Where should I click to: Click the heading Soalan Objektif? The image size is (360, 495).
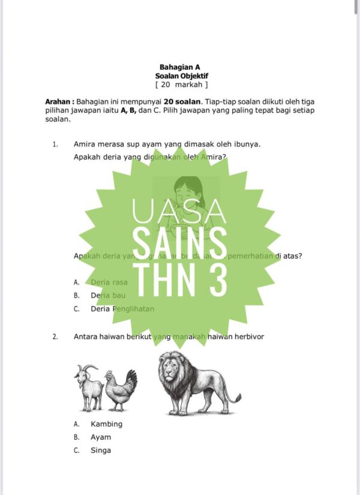click(x=181, y=76)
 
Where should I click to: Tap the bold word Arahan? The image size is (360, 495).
click(x=59, y=102)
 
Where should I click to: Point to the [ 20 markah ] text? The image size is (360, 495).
click(x=181, y=85)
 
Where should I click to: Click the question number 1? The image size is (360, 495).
click(x=55, y=144)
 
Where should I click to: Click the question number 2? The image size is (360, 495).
click(x=55, y=337)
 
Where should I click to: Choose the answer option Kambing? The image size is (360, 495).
click(x=106, y=424)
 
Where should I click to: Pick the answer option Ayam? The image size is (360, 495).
click(x=101, y=437)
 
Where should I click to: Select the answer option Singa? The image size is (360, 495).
click(x=101, y=451)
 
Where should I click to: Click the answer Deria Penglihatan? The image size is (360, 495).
click(x=122, y=309)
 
